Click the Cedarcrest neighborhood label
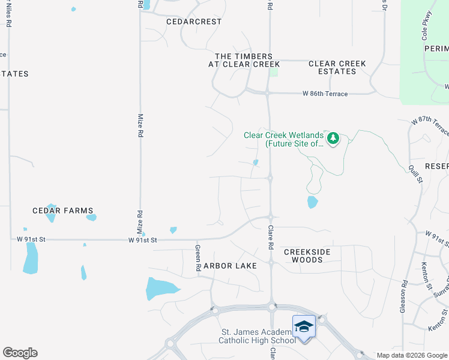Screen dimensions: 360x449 pyautogui.click(x=194, y=22)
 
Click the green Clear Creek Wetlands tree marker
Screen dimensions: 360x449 pyautogui.click(x=333, y=139)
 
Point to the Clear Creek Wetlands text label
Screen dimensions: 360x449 pyautogui.click(x=283, y=139)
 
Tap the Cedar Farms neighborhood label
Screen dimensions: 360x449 pyautogui.click(x=63, y=211)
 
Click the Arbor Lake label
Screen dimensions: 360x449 pyautogui.click(x=230, y=266)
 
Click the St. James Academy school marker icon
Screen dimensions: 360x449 pyautogui.click(x=304, y=326)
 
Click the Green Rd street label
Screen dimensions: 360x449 pyautogui.click(x=197, y=258)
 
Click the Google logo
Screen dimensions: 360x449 pyautogui.click(x=20, y=353)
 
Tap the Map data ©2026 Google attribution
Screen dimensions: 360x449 pyautogui.click(x=412, y=355)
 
